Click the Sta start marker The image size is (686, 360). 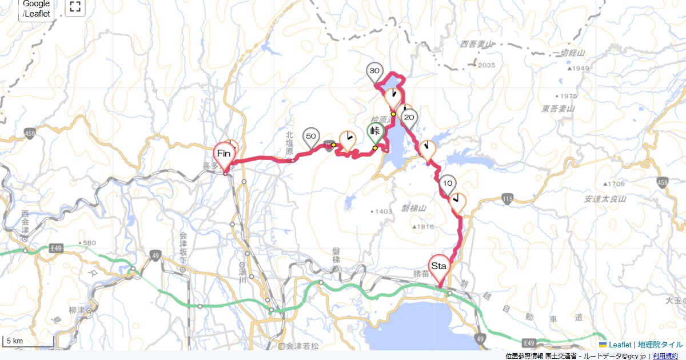pyautogui.click(x=439, y=267)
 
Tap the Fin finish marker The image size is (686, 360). pyautogui.click(x=225, y=154)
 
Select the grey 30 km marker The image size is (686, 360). pyautogui.click(x=374, y=71)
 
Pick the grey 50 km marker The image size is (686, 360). pyautogui.click(x=311, y=137)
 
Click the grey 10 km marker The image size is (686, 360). pyautogui.click(x=448, y=183)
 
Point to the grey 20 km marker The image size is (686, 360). pyautogui.click(x=409, y=118)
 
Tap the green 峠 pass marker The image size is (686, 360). pyautogui.click(x=376, y=132)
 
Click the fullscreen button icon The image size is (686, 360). pyautogui.click(x=75, y=7)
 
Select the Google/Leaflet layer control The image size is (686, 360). pyautogui.click(x=37, y=9)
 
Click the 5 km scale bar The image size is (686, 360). pyautogui.click(x=29, y=341)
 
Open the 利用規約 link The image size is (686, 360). pyautogui.click(x=666, y=356)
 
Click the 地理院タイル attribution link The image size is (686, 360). pyautogui.click(x=660, y=345)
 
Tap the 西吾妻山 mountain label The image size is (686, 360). pyautogui.click(x=476, y=44)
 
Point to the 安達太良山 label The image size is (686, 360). pyautogui.click(x=605, y=199)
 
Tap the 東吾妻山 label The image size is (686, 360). pyautogui.click(x=559, y=108)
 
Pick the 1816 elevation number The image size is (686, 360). pyautogui.click(x=426, y=227)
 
